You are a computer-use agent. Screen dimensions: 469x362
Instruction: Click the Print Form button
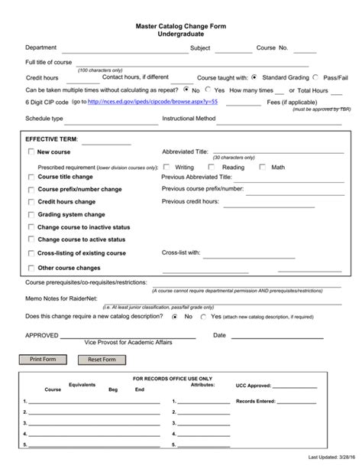pos(43,359)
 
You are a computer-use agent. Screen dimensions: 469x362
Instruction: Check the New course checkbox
pos(31,152)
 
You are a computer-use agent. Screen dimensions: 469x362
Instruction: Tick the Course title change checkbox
pos(31,177)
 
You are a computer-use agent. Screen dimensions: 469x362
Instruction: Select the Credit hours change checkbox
pos(31,202)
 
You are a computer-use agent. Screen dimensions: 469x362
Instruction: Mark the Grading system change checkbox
pos(31,215)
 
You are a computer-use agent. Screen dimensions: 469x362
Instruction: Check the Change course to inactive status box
pos(31,227)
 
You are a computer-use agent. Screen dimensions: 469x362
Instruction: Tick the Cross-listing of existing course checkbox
pos(31,252)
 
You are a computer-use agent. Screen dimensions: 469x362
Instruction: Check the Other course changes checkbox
pos(31,269)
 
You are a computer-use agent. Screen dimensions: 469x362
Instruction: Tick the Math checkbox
pos(263,167)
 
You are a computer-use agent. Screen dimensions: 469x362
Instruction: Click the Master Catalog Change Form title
pos(181,27)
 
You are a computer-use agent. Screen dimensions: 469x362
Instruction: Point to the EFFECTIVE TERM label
pos(51,139)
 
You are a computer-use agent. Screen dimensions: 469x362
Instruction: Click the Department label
pos(40,47)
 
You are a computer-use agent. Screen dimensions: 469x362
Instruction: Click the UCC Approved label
pos(254,386)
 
